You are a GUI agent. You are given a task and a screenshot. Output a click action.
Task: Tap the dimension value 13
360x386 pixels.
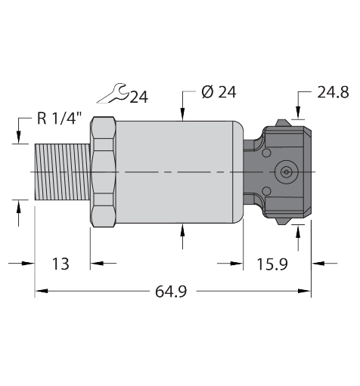(x=61, y=264)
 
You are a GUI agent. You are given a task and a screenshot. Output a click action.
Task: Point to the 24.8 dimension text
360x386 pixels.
(x=333, y=92)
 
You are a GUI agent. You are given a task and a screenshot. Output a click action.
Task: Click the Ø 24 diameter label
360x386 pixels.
(x=219, y=92)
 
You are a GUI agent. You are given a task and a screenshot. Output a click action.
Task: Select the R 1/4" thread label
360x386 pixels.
(x=58, y=118)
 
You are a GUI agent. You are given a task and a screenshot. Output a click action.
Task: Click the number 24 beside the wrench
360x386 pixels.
(x=139, y=96)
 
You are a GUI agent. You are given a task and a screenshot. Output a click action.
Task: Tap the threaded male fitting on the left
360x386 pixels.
(x=63, y=172)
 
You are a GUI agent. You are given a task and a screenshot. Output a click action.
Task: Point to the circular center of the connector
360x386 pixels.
(x=285, y=172)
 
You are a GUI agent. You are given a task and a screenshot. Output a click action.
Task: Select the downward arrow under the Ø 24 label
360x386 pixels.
(x=183, y=115)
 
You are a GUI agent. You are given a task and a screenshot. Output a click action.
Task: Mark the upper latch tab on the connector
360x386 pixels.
(x=284, y=122)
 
